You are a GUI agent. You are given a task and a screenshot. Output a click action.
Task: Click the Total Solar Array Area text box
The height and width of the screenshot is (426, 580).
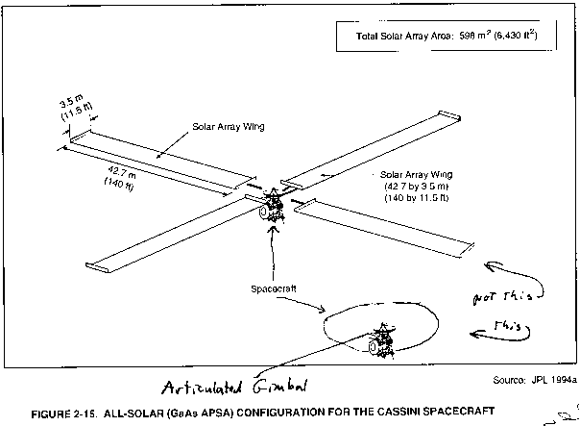point(447,36)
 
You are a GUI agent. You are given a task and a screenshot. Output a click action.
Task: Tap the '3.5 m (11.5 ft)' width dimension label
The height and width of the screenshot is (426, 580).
point(76,108)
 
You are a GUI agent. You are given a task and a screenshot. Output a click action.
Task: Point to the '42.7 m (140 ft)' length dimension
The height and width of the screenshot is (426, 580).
point(120,179)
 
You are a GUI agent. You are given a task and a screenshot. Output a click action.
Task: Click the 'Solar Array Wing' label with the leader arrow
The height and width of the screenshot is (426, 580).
point(229,127)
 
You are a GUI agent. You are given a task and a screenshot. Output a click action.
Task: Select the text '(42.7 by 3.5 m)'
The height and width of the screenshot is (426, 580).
point(417,186)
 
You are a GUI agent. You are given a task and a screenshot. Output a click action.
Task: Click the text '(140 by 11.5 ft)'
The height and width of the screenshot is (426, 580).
point(417,198)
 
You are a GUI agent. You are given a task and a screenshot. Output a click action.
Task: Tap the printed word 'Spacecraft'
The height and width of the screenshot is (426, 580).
point(274,288)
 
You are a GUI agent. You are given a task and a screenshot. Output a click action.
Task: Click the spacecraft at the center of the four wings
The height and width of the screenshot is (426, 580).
point(272,207)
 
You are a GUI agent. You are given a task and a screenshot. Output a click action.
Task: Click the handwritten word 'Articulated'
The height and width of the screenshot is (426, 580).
point(202,388)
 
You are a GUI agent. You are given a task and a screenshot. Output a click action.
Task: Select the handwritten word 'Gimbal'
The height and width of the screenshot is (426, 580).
point(280,387)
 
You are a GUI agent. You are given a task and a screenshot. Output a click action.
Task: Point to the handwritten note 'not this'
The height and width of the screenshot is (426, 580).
point(502,297)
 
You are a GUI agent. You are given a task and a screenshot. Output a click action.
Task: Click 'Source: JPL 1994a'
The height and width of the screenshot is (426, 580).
point(535,380)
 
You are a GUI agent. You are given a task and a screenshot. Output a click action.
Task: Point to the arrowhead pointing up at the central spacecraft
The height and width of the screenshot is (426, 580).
point(273,228)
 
